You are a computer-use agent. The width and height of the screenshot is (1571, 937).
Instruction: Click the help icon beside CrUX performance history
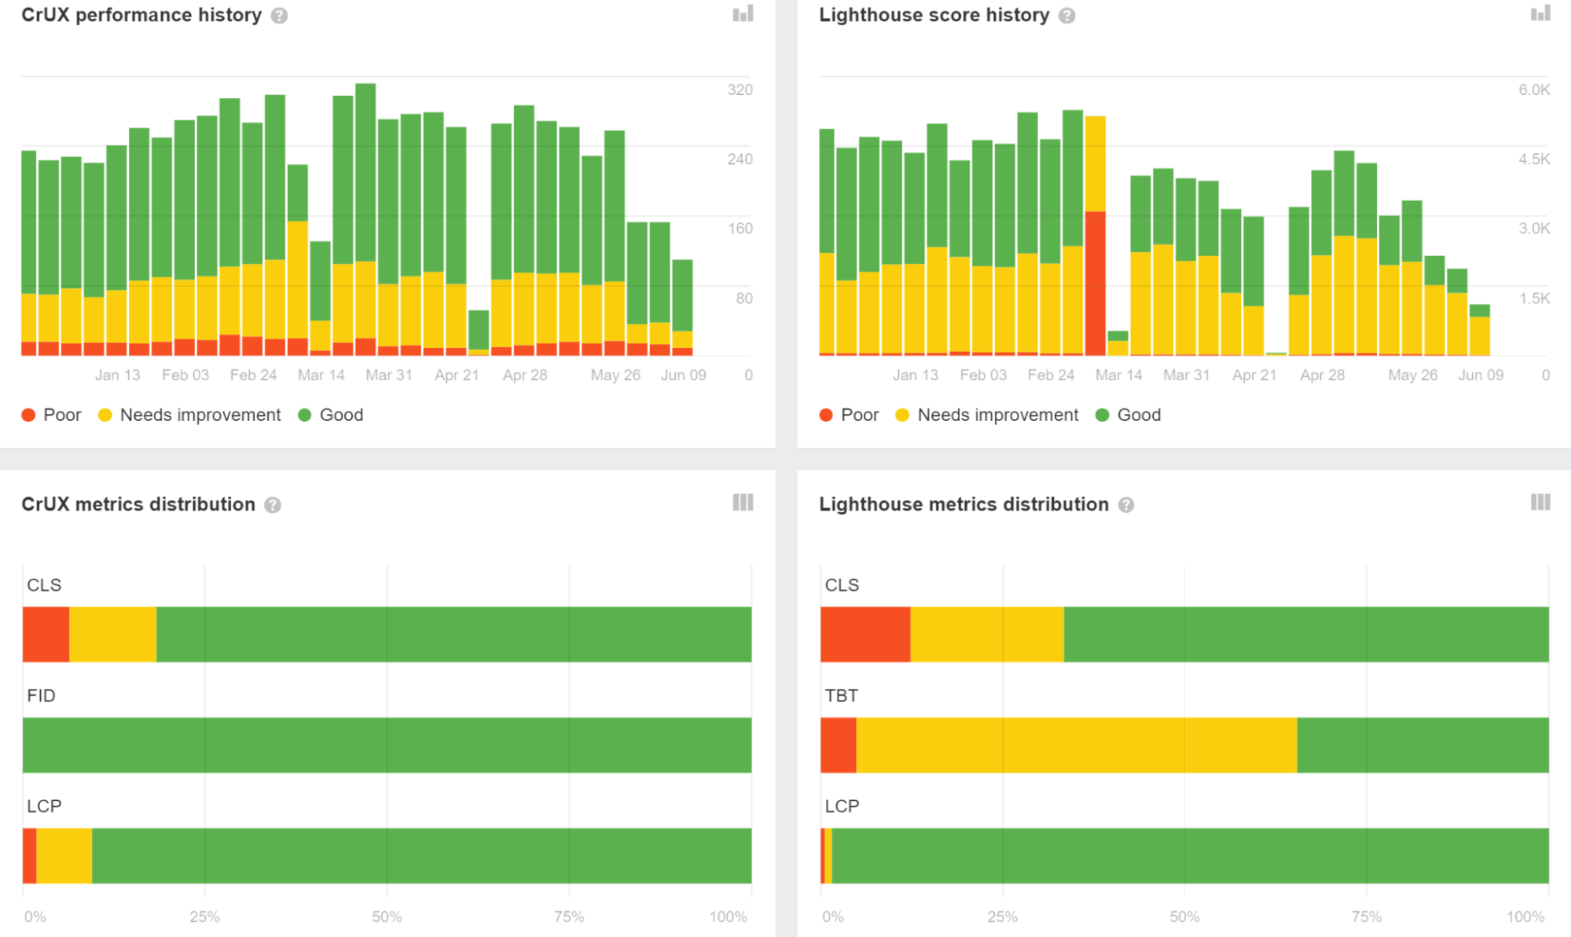[x=279, y=16]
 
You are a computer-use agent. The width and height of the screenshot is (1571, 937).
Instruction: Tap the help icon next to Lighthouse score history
[x=1066, y=16]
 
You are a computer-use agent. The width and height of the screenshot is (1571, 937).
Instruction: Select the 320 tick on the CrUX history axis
[x=740, y=90]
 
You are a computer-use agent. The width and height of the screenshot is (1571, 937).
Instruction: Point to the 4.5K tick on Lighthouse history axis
[x=1534, y=159]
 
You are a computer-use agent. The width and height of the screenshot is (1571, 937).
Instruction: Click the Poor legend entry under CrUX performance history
[x=52, y=415]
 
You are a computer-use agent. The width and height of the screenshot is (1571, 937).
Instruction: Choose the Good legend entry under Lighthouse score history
[x=1129, y=415]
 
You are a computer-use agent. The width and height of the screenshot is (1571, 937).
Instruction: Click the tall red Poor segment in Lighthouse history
[x=1096, y=283]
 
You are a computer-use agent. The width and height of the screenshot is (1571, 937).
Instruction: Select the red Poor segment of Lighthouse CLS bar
[x=865, y=634]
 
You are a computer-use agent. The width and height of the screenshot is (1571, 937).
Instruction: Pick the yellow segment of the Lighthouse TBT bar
[x=1076, y=745]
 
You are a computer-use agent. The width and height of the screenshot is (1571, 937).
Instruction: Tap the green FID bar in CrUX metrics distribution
[x=387, y=745]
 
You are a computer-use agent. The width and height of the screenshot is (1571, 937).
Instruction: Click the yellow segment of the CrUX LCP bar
[x=64, y=855]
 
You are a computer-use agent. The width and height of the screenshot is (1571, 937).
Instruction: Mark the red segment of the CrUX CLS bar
[x=46, y=634]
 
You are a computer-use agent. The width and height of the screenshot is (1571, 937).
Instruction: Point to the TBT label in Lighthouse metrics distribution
[x=841, y=695]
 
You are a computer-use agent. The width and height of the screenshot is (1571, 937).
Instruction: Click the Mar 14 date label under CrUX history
[x=321, y=375]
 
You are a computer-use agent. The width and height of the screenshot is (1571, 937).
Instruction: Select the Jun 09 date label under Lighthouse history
[x=1481, y=375]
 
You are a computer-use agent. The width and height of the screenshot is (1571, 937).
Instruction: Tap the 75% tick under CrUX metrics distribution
[x=569, y=917]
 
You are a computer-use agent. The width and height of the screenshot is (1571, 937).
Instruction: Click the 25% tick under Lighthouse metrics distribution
[x=1002, y=917]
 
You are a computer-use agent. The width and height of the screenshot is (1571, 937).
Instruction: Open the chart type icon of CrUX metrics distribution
[x=743, y=503]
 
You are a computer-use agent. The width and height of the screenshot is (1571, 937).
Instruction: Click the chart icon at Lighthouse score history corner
[x=1540, y=13]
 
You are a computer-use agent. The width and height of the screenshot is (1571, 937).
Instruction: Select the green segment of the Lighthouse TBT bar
[x=1422, y=745]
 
